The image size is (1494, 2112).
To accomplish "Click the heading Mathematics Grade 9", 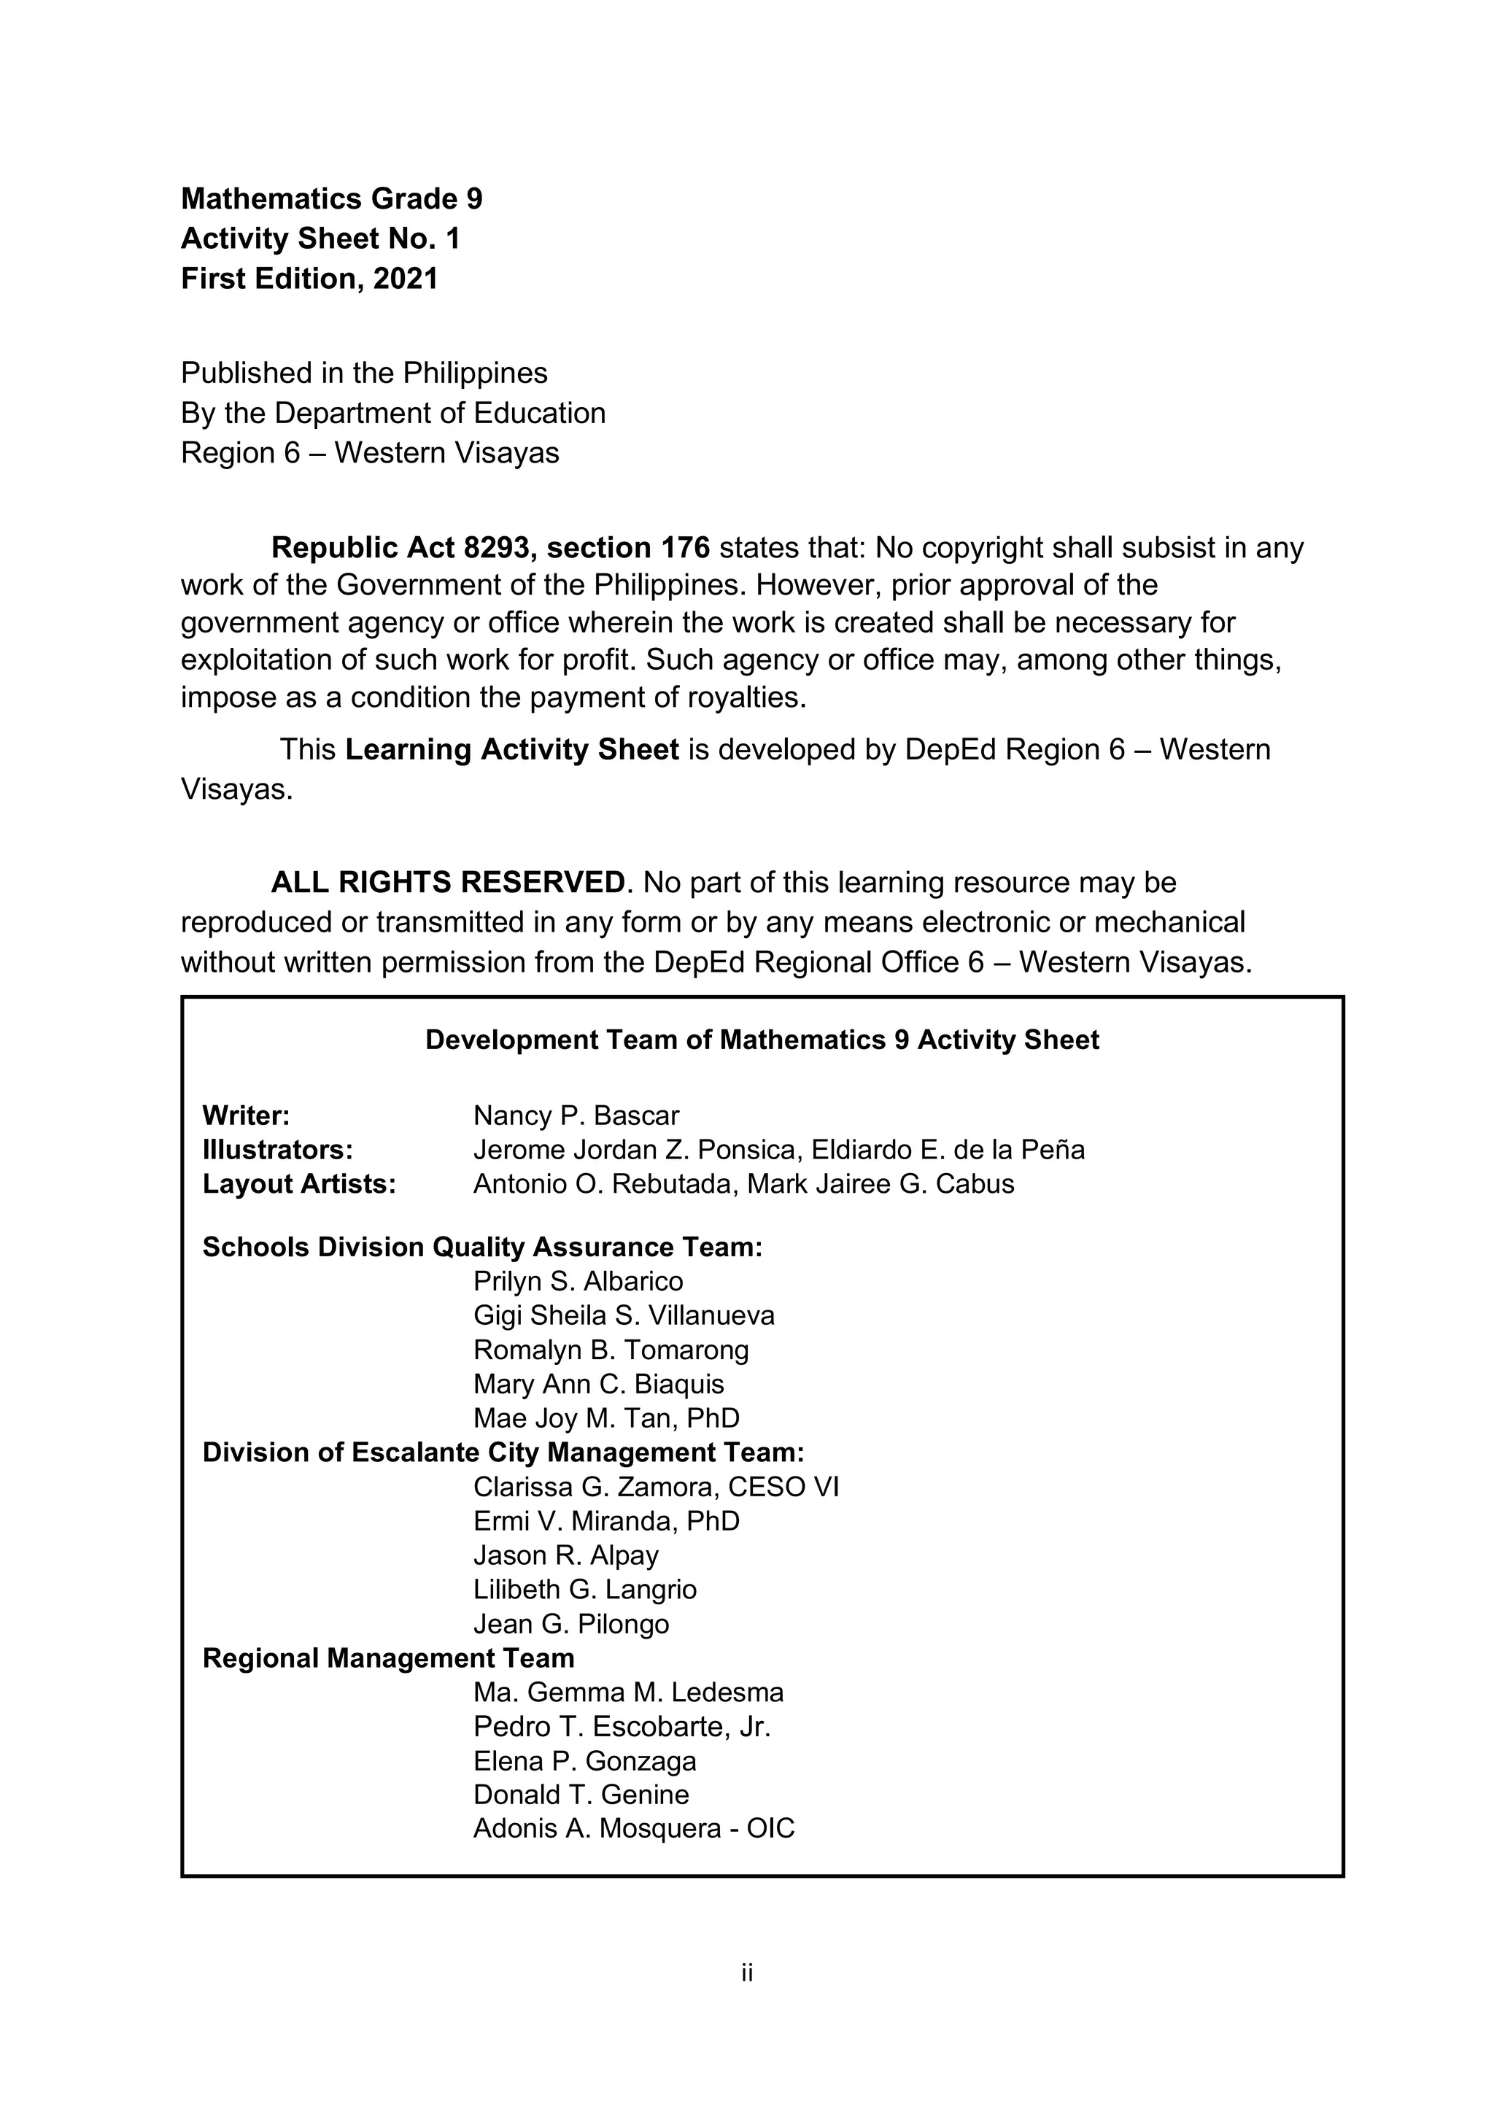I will click(331, 198).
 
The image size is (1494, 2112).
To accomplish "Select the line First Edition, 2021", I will click(309, 279).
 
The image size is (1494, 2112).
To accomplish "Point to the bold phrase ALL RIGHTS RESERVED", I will click(448, 882).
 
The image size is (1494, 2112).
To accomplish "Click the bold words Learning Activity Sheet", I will click(511, 750).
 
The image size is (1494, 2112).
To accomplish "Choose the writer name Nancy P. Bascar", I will click(576, 1115).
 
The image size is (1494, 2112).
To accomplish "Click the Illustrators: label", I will click(278, 1150).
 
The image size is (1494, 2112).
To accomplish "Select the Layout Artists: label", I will click(299, 1184).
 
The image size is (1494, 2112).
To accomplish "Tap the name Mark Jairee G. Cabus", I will click(880, 1184).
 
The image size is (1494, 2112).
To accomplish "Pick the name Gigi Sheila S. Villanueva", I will click(624, 1315).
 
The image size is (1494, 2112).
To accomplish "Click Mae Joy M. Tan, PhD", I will click(606, 1418).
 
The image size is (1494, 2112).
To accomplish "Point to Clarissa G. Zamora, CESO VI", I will click(656, 1488).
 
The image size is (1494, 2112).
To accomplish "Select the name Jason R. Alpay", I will click(566, 1555).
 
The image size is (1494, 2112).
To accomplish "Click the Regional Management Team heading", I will click(388, 1658).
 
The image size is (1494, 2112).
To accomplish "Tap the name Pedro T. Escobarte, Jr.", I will click(622, 1727).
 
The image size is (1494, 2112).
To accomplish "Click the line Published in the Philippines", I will click(363, 373).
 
